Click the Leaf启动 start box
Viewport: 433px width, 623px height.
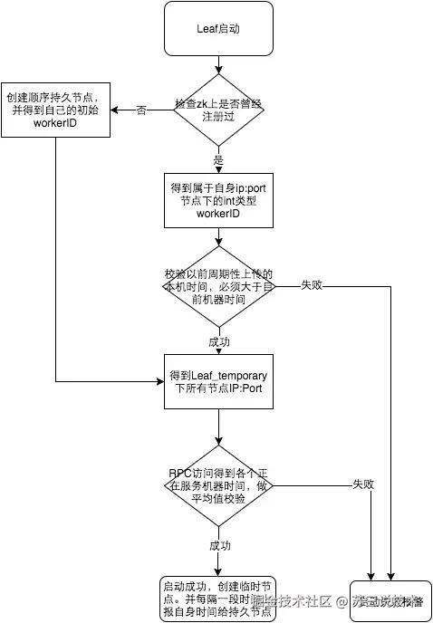pyautogui.click(x=218, y=28)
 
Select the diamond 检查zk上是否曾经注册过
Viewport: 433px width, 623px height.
pyautogui.click(x=218, y=110)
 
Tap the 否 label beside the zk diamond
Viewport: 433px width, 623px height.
pyautogui.click(x=141, y=110)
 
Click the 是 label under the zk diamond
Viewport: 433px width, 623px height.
pyautogui.click(x=218, y=159)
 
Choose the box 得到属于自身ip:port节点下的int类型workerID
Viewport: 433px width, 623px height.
pyautogui.click(x=218, y=200)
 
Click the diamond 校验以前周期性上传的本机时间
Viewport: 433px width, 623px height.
pyautogui.click(x=218, y=286)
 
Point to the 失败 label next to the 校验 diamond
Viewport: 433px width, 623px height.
pyautogui.click(x=312, y=286)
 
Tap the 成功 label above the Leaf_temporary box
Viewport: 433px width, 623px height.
pyautogui.click(x=218, y=343)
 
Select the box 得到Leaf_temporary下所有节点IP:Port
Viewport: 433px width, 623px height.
pyautogui.click(x=218, y=381)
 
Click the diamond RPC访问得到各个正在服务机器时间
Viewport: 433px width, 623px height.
pyautogui.click(x=218, y=485)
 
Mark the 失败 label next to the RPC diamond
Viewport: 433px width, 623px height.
pyautogui.click(x=363, y=485)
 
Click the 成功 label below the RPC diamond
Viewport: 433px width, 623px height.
pyautogui.click(x=219, y=545)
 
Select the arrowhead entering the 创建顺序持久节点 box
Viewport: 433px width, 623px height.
pyautogui.click(x=115, y=110)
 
